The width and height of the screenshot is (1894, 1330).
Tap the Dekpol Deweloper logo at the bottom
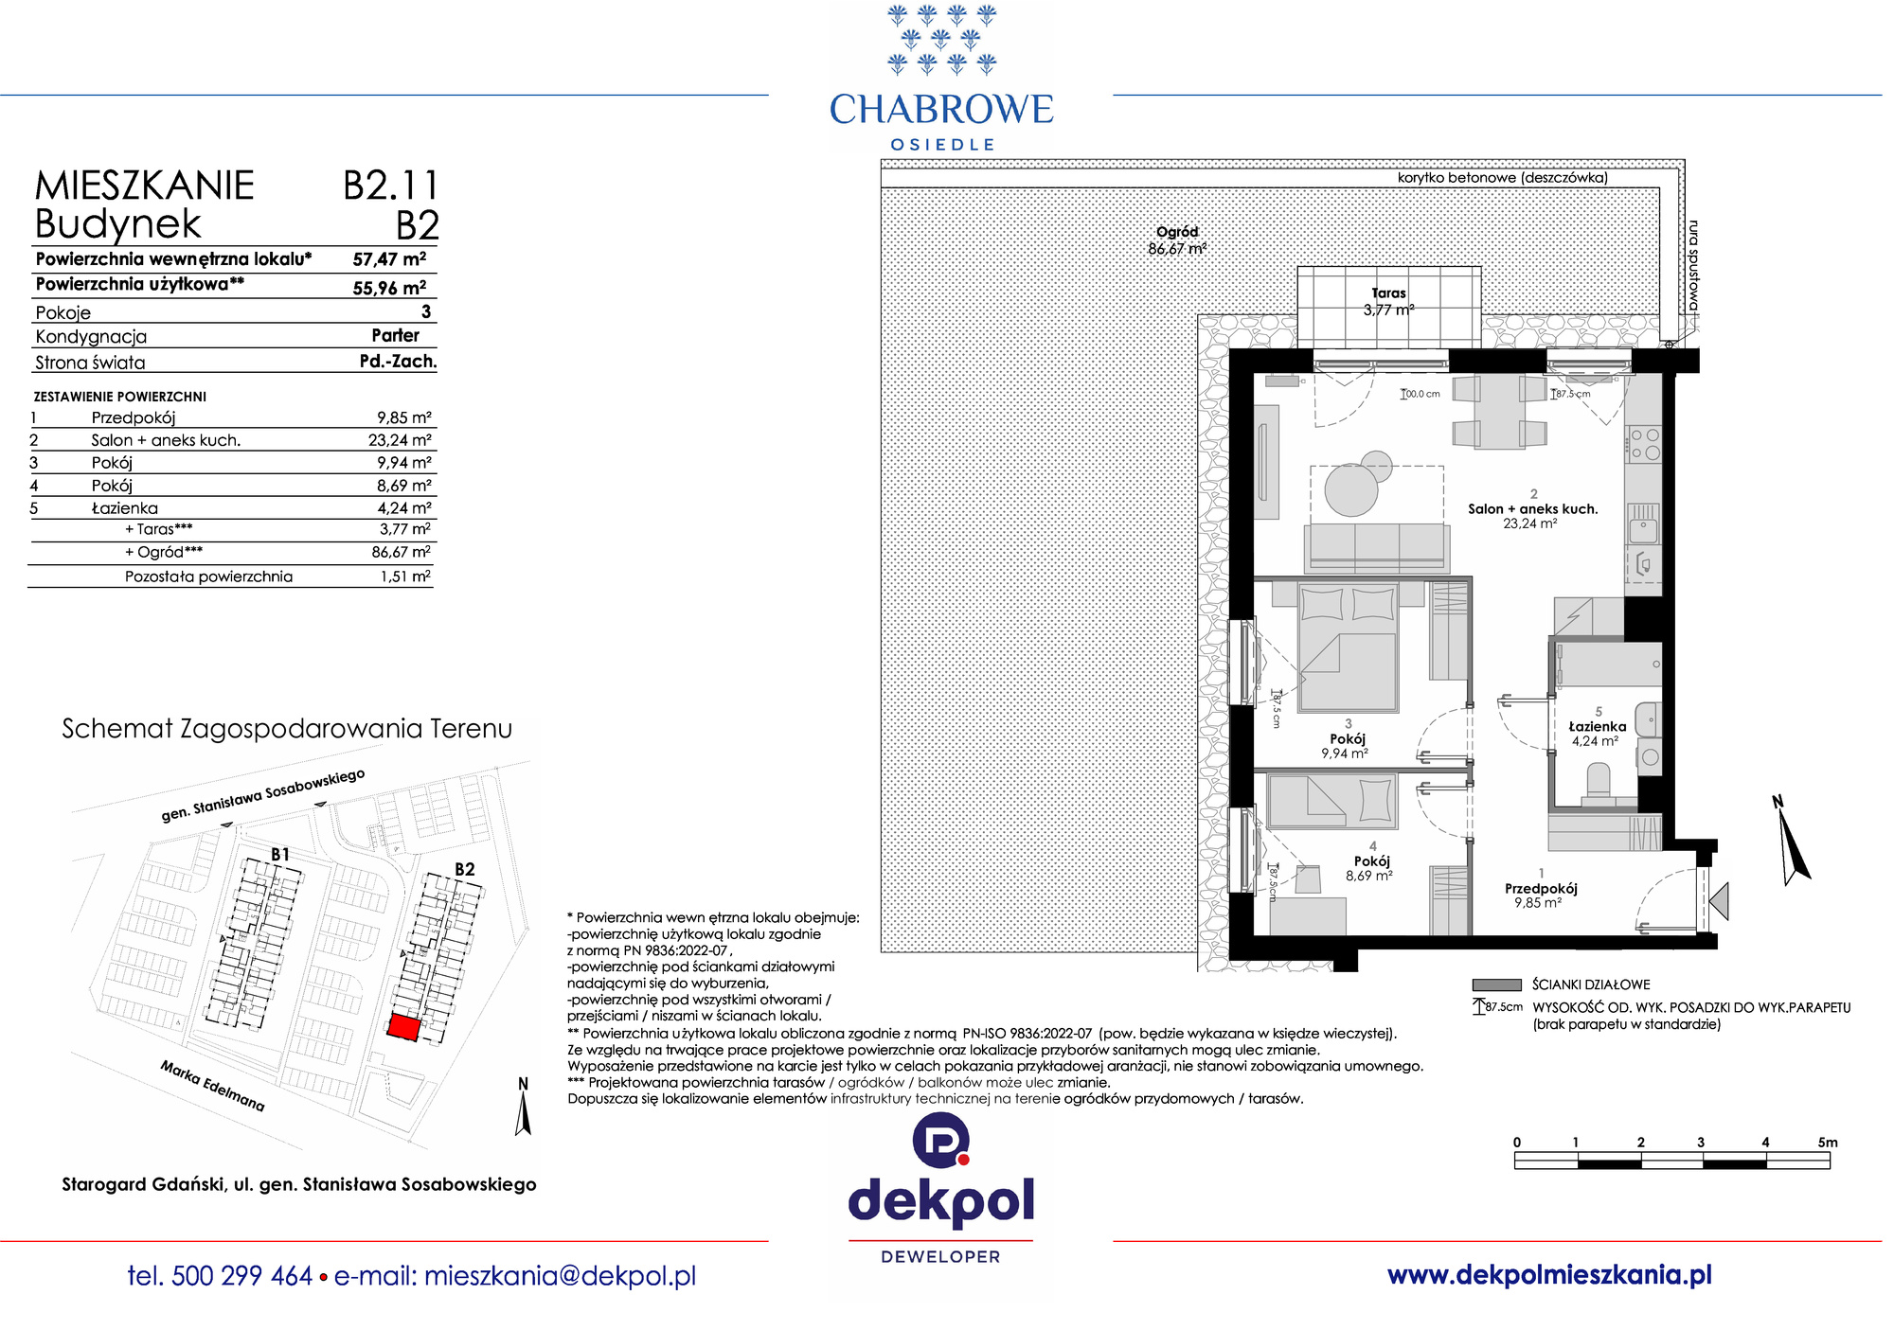(x=941, y=1189)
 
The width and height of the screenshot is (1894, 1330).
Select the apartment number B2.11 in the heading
(x=390, y=186)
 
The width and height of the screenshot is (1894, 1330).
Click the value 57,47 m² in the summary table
(x=389, y=259)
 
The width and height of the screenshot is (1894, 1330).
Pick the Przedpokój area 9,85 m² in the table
(x=404, y=417)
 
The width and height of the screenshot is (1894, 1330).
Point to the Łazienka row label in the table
(x=125, y=508)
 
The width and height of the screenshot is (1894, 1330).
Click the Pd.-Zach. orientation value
(x=398, y=361)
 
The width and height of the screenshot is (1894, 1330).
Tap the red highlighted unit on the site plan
(x=404, y=1027)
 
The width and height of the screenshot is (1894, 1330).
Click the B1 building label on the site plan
(x=280, y=854)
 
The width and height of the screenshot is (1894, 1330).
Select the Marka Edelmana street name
(x=212, y=1086)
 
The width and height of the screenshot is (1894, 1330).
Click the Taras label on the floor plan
(x=1388, y=293)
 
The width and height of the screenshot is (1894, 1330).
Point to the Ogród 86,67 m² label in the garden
(x=1177, y=240)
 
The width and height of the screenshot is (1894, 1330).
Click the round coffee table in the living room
(x=1351, y=489)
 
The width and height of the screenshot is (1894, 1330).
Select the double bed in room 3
(x=1349, y=647)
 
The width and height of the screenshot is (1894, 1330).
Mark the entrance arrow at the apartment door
(x=1720, y=901)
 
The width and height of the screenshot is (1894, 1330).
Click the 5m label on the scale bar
(x=1828, y=1143)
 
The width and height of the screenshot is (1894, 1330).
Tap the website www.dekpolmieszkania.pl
(x=1549, y=1275)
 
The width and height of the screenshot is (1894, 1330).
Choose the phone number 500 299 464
(x=242, y=1276)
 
